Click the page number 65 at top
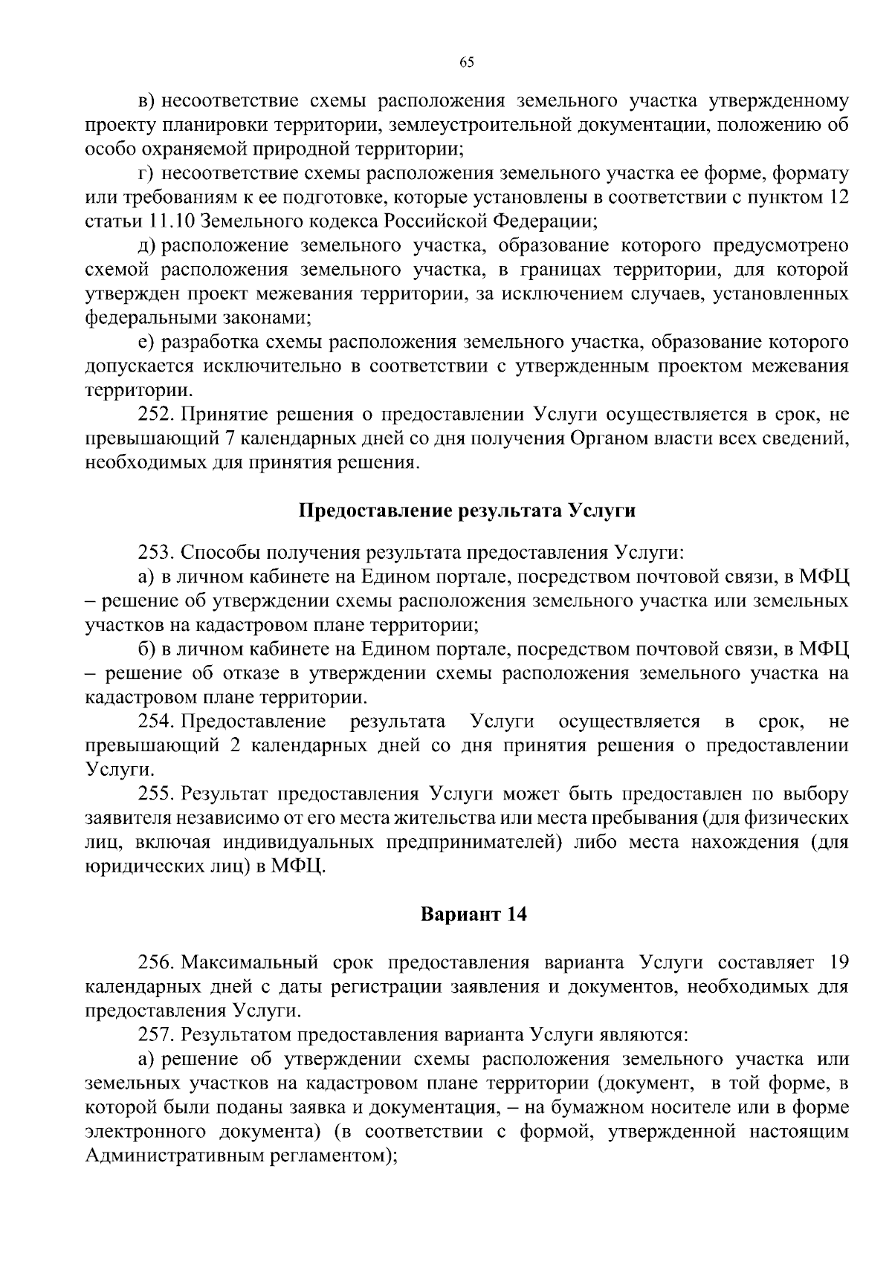[467, 62]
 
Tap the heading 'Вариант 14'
[474, 914]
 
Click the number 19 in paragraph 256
[838, 963]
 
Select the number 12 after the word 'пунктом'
[838, 198]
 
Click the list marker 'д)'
[146, 246]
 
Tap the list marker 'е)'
[146, 343]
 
